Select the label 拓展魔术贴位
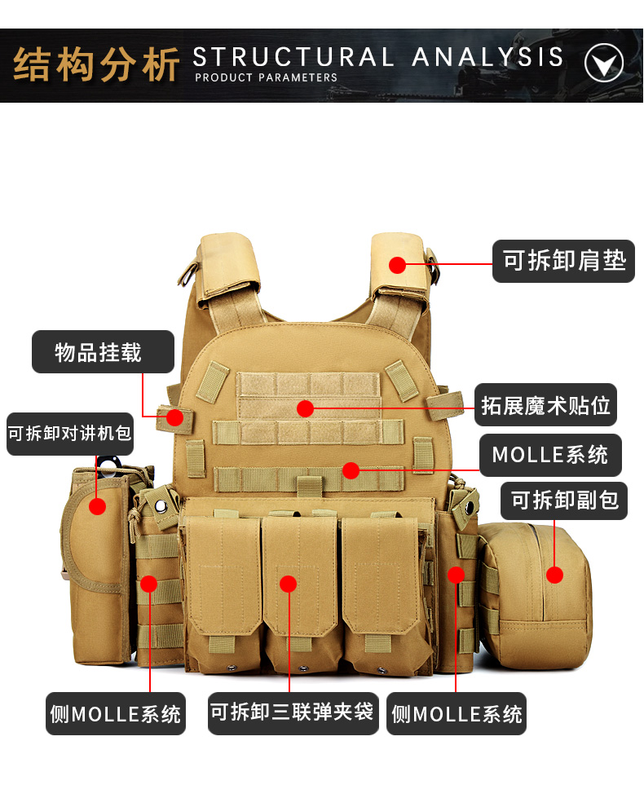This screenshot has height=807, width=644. [x=545, y=405]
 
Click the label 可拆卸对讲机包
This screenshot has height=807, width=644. [x=70, y=434]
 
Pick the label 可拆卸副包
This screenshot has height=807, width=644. [x=564, y=501]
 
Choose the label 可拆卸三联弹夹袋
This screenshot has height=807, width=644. [x=293, y=712]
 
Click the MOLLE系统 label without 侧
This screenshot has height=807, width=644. [x=550, y=455]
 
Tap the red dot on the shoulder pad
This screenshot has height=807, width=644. [x=397, y=265]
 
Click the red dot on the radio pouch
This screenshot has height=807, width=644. [x=97, y=506]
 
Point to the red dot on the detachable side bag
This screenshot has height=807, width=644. [x=554, y=575]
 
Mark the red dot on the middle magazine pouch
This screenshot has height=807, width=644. [x=289, y=584]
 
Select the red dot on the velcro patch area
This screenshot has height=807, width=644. [x=305, y=408]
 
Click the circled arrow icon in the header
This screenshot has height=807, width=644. [x=604, y=63]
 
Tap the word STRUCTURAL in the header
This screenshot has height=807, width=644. [x=293, y=56]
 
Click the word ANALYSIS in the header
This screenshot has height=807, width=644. [x=487, y=56]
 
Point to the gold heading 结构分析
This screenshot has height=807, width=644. [x=96, y=65]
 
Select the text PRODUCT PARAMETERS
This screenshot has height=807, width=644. [x=266, y=77]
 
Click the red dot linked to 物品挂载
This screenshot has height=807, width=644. [x=175, y=417]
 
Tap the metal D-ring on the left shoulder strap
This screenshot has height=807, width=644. [x=187, y=272]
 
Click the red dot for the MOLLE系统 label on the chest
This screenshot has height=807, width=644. [x=351, y=470]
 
